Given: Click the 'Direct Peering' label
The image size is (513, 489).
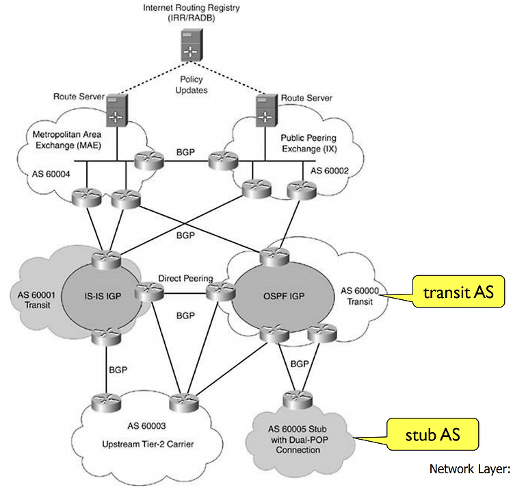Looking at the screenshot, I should point(185,279).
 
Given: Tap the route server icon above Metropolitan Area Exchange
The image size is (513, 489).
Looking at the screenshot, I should point(117,111).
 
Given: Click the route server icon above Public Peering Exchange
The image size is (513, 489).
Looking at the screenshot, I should point(263,111).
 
